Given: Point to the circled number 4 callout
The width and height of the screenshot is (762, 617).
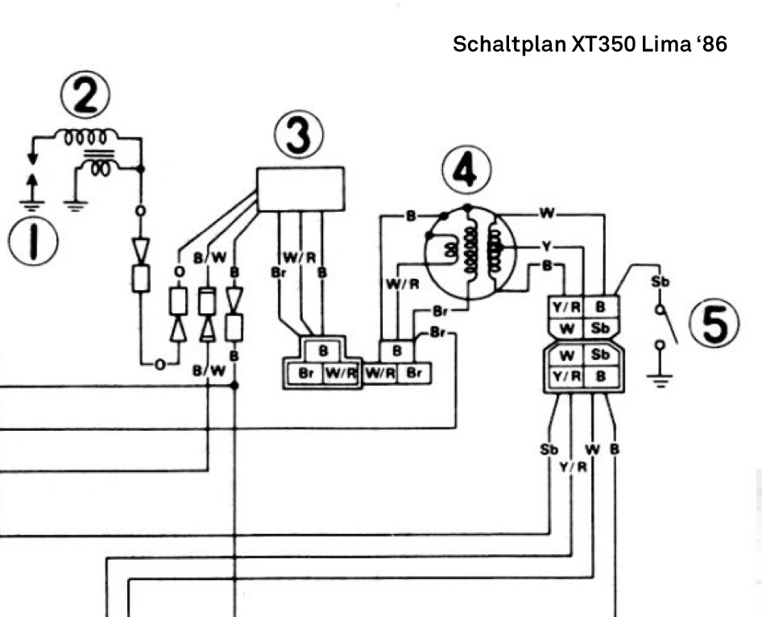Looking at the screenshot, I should pos(466,172).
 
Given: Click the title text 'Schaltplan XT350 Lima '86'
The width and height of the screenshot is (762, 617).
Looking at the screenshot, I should pos(590,44).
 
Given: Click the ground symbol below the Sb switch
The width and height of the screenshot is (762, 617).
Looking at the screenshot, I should pos(661,378).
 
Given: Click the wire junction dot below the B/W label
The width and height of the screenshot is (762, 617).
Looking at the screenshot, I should pos(234,387).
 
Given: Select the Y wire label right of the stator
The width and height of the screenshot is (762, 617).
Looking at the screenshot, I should pos(547,246).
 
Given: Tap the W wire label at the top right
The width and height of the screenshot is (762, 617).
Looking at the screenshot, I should pos(547,213).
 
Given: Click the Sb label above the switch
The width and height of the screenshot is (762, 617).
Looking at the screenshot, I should pos(660,282).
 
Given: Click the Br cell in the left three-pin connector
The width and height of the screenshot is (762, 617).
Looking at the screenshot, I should pos(306,374).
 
